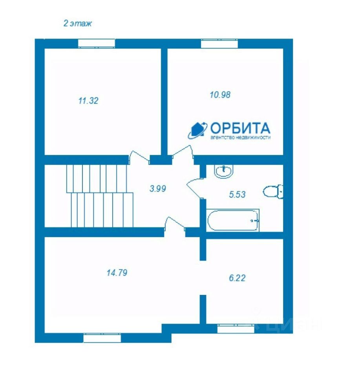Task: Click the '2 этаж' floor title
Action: tap(77, 23)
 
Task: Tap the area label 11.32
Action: tap(88, 101)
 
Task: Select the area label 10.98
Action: tap(220, 95)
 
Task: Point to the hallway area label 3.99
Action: tap(158, 188)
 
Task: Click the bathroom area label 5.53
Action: tap(237, 194)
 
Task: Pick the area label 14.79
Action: tap(117, 273)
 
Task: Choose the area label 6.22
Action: tap(237, 278)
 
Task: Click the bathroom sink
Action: tap(224, 171)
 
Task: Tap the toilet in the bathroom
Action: tap(273, 192)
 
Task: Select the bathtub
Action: tap(233, 220)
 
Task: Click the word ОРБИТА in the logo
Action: tap(240, 128)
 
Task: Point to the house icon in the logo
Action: tap(197, 130)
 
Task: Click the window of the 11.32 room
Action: tap(96, 44)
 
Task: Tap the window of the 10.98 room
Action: tap(219, 44)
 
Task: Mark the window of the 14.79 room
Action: tap(102, 338)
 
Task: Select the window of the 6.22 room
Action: tap(236, 329)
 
